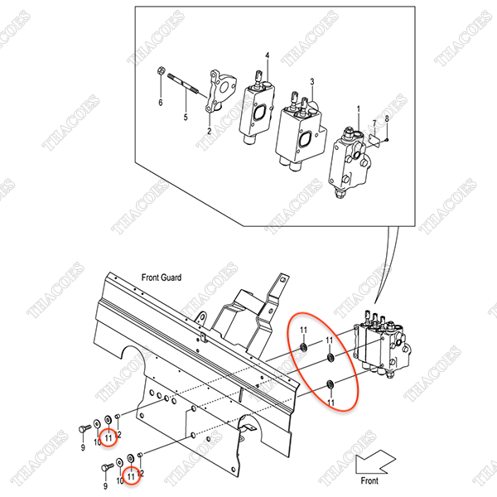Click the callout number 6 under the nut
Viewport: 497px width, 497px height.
pos(161,103)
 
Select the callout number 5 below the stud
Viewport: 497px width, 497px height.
pos(186,117)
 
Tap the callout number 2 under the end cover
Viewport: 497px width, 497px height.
pos(210,131)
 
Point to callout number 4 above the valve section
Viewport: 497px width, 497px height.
pos(268,55)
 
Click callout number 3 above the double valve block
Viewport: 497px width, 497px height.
pos(312,82)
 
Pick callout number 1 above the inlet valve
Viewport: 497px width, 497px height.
pos(359,109)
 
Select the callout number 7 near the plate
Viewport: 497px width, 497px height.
pos(374,123)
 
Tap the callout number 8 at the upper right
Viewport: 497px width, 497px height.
pos(387,119)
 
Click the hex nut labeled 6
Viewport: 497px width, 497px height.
pos(161,70)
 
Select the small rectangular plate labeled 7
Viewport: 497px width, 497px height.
pos(374,140)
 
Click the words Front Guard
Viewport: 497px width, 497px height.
pos(162,277)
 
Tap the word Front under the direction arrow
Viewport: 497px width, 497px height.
pos(369,480)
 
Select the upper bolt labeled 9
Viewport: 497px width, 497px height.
pos(84,429)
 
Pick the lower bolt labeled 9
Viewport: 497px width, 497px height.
pos(107,467)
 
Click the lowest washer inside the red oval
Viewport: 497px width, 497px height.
pos(330,385)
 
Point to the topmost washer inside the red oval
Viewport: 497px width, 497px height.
pos(304,348)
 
